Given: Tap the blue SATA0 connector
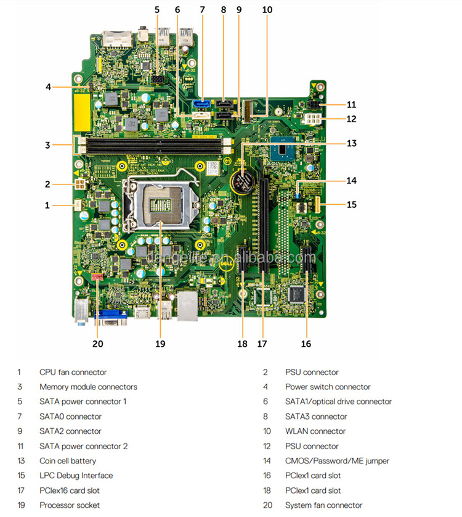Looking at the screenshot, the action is pyautogui.click(x=201, y=104).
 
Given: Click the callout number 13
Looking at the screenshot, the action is pyautogui.click(x=351, y=143).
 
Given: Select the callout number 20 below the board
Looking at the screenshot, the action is pyautogui.click(x=98, y=344).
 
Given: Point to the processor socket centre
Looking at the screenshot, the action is pyautogui.click(x=160, y=202).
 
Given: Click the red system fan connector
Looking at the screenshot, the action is pyautogui.click(x=97, y=276).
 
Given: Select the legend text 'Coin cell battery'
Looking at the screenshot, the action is pyautogui.click(x=68, y=461).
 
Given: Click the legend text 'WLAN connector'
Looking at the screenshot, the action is pyautogui.click(x=315, y=431).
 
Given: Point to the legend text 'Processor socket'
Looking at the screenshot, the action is pyautogui.click(x=70, y=505).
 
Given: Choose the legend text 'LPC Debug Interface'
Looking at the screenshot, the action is pyautogui.click(x=76, y=476).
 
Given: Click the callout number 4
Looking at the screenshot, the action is pyautogui.click(x=49, y=87).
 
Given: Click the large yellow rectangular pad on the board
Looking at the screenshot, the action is pyautogui.click(x=83, y=112).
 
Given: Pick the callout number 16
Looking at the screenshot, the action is pyautogui.click(x=306, y=344).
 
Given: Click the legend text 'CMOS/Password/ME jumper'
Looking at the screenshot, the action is pyautogui.click(x=337, y=461).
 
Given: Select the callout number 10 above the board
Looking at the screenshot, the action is pyautogui.click(x=267, y=10).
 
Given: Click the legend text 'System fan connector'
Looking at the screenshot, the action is pyautogui.click(x=323, y=505).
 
